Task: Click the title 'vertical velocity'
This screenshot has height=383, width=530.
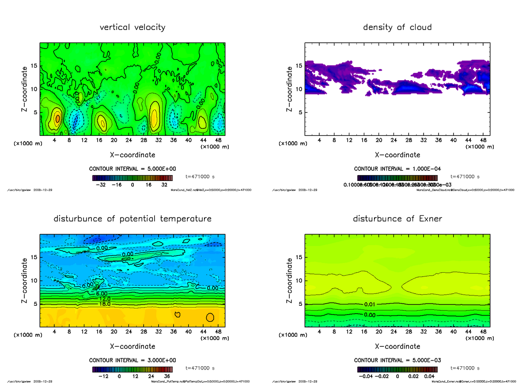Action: click(x=132, y=27)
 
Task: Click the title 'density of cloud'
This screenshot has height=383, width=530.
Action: click(x=397, y=27)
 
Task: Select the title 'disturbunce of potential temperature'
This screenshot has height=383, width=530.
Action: click(x=132, y=219)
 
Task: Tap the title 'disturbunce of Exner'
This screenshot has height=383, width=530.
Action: click(x=397, y=219)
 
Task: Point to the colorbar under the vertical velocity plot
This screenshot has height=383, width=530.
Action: click(x=132, y=178)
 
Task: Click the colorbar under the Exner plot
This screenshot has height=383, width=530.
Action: click(x=397, y=370)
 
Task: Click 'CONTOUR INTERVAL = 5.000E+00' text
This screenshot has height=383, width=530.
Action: click(x=132, y=169)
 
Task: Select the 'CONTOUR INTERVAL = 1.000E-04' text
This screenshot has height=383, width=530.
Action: click(x=397, y=169)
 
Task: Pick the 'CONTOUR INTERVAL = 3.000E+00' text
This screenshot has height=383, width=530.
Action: click(x=132, y=360)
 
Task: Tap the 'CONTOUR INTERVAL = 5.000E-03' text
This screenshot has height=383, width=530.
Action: click(x=397, y=360)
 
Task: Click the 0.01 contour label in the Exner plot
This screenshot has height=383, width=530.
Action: click(x=370, y=304)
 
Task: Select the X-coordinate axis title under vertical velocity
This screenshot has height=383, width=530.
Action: click(x=132, y=155)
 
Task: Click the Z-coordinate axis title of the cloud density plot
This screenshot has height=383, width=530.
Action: click(x=290, y=89)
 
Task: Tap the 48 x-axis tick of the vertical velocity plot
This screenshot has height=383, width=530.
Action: click(x=218, y=140)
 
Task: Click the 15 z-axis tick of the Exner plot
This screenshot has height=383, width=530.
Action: click(x=299, y=257)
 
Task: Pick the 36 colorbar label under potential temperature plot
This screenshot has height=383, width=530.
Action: click(x=167, y=376)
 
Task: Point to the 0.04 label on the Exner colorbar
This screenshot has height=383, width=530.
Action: click(x=430, y=376)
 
